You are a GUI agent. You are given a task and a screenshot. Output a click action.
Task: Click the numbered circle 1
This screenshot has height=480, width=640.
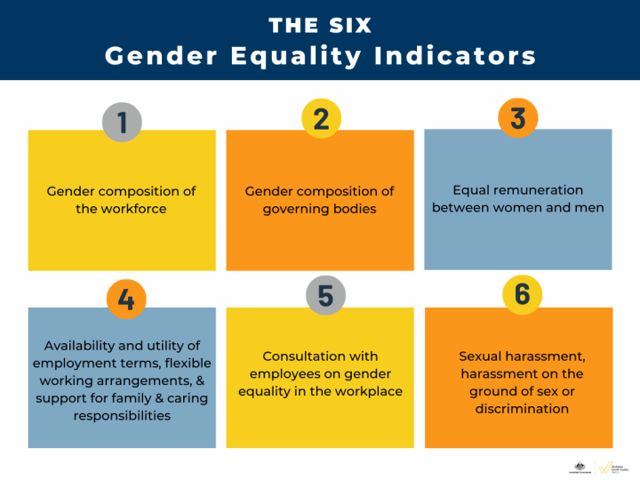pyautogui.click(x=122, y=122)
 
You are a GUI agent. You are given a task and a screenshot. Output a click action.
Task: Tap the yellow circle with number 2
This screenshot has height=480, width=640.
pyautogui.click(x=322, y=118)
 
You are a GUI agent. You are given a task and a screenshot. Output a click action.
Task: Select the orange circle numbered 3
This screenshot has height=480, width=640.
pyautogui.click(x=518, y=118)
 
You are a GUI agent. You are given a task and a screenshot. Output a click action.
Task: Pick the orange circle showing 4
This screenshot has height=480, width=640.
pyautogui.click(x=126, y=300)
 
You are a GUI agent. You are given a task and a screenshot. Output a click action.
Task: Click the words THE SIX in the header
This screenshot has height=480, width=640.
pyautogui.click(x=320, y=25)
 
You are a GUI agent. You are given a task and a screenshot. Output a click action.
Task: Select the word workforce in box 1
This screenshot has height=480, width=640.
pyautogui.click(x=133, y=209)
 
